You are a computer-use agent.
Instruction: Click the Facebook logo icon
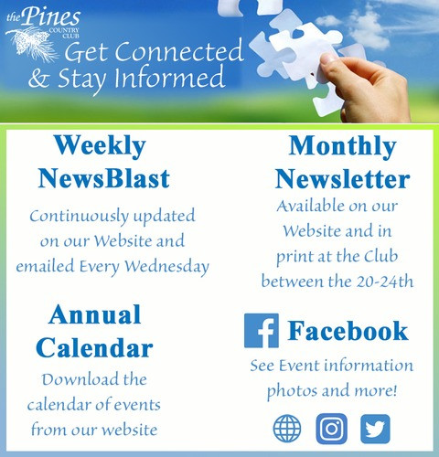(x=262, y=331)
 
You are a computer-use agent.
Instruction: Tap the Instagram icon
(x=331, y=429)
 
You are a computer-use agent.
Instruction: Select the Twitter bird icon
(x=375, y=429)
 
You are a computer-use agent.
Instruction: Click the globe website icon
(x=287, y=429)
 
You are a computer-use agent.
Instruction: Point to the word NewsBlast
(x=103, y=178)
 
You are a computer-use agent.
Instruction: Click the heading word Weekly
(x=100, y=146)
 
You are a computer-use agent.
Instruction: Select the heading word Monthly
(x=342, y=147)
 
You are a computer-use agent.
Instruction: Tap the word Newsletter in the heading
(x=342, y=179)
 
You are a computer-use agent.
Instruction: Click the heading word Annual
(x=95, y=314)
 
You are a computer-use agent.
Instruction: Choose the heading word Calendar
(x=94, y=347)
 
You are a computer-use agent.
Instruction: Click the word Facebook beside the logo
(x=348, y=331)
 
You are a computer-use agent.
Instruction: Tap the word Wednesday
(x=167, y=267)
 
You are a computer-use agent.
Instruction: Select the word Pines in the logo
(x=51, y=16)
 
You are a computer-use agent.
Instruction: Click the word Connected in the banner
(x=179, y=51)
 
